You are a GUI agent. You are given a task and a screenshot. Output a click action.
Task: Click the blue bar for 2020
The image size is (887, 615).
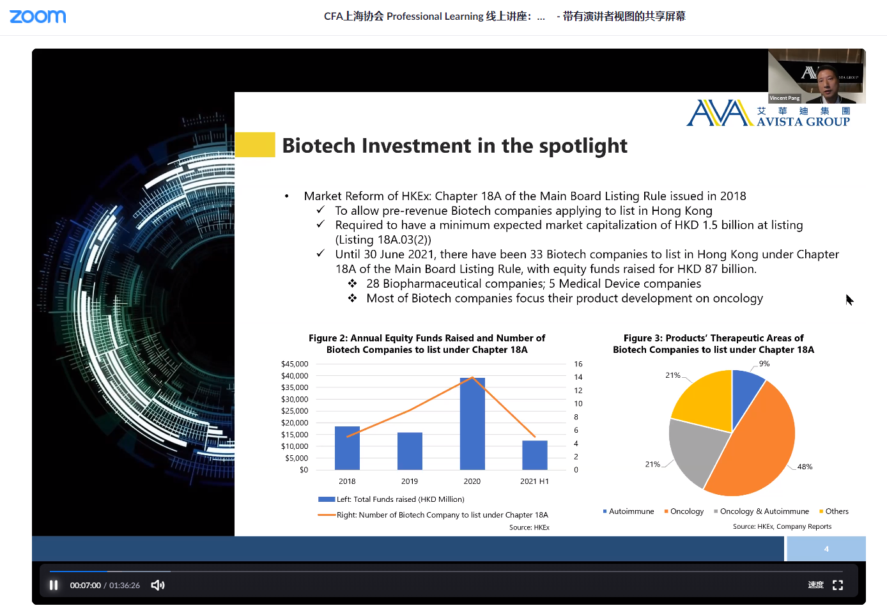pyautogui.click(x=472, y=424)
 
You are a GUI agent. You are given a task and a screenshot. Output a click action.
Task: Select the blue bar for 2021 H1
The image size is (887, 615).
pyautogui.click(x=535, y=455)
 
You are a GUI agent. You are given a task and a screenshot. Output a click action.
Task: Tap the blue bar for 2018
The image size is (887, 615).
pyautogui.click(x=347, y=448)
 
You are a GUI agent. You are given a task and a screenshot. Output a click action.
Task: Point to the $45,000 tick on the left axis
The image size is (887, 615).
pyautogui.click(x=295, y=364)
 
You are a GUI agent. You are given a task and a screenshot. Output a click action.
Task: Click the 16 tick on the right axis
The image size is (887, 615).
pyautogui.click(x=578, y=364)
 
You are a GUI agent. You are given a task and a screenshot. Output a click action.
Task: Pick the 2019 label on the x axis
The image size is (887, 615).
pyautogui.click(x=410, y=481)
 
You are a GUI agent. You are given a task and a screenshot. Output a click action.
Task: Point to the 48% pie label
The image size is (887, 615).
pyautogui.click(x=805, y=467)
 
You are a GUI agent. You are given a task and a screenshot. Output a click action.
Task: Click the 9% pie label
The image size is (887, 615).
pyautogui.click(x=764, y=364)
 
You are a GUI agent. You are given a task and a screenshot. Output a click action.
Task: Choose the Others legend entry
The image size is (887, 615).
pyautogui.click(x=834, y=511)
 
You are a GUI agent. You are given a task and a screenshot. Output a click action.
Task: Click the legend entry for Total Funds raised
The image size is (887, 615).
pyautogui.click(x=391, y=499)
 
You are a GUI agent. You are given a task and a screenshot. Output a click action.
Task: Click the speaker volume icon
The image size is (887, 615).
pyautogui.click(x=158, y=585)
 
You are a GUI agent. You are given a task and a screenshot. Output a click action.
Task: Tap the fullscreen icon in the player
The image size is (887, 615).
pyautogui.click(x=838, y=585)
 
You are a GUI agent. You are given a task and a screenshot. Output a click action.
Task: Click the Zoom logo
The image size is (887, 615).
pyautogui.click(x=38, y=16)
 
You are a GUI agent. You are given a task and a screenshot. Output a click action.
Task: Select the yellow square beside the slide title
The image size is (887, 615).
pyautogui.click(x=255, y=144)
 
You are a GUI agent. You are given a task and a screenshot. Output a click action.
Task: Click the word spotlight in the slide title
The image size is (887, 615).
pyautogui.click(x=583, y=146)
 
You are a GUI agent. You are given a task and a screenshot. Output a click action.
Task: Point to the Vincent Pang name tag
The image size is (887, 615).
pyautogui.click(x=785, y=98)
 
